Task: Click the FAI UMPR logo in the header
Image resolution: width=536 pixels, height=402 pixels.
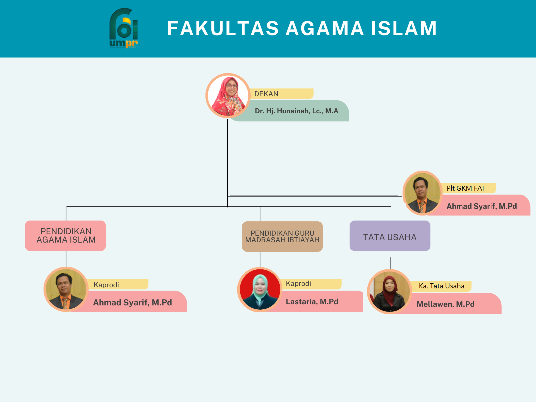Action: pyautogui.click(x=124, y=28)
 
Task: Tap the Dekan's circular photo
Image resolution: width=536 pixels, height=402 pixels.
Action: pyautogui.click(x=228, y=96)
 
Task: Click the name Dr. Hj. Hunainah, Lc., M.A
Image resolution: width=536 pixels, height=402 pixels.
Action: pyautogui.click(x=296, y=111)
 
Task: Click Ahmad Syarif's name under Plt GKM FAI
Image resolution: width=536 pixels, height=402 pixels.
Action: pyautogui.click(x=482, y=206)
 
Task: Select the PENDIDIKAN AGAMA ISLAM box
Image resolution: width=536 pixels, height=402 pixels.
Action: pyautogui.click(x=66, y=236)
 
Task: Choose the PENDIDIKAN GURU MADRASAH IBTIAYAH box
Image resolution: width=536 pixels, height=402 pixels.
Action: pyautogui.click(x=282, y=236)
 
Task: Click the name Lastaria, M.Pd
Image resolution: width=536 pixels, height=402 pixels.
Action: pyautogui.click(x=312, y=301)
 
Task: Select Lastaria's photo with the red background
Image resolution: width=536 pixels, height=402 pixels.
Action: pyautogui.click(x=260, y=289)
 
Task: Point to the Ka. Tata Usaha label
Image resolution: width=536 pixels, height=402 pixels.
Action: pyautogui.click(x=441, y=286)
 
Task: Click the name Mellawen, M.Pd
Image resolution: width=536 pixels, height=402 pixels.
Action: pyautogui.click(x=446, y=304)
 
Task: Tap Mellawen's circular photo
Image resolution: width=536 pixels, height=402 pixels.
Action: pyautogui.click(x=389, y=292)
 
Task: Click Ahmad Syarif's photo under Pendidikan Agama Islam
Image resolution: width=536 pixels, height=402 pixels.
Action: pyautogui.click(x=66, y=289)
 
